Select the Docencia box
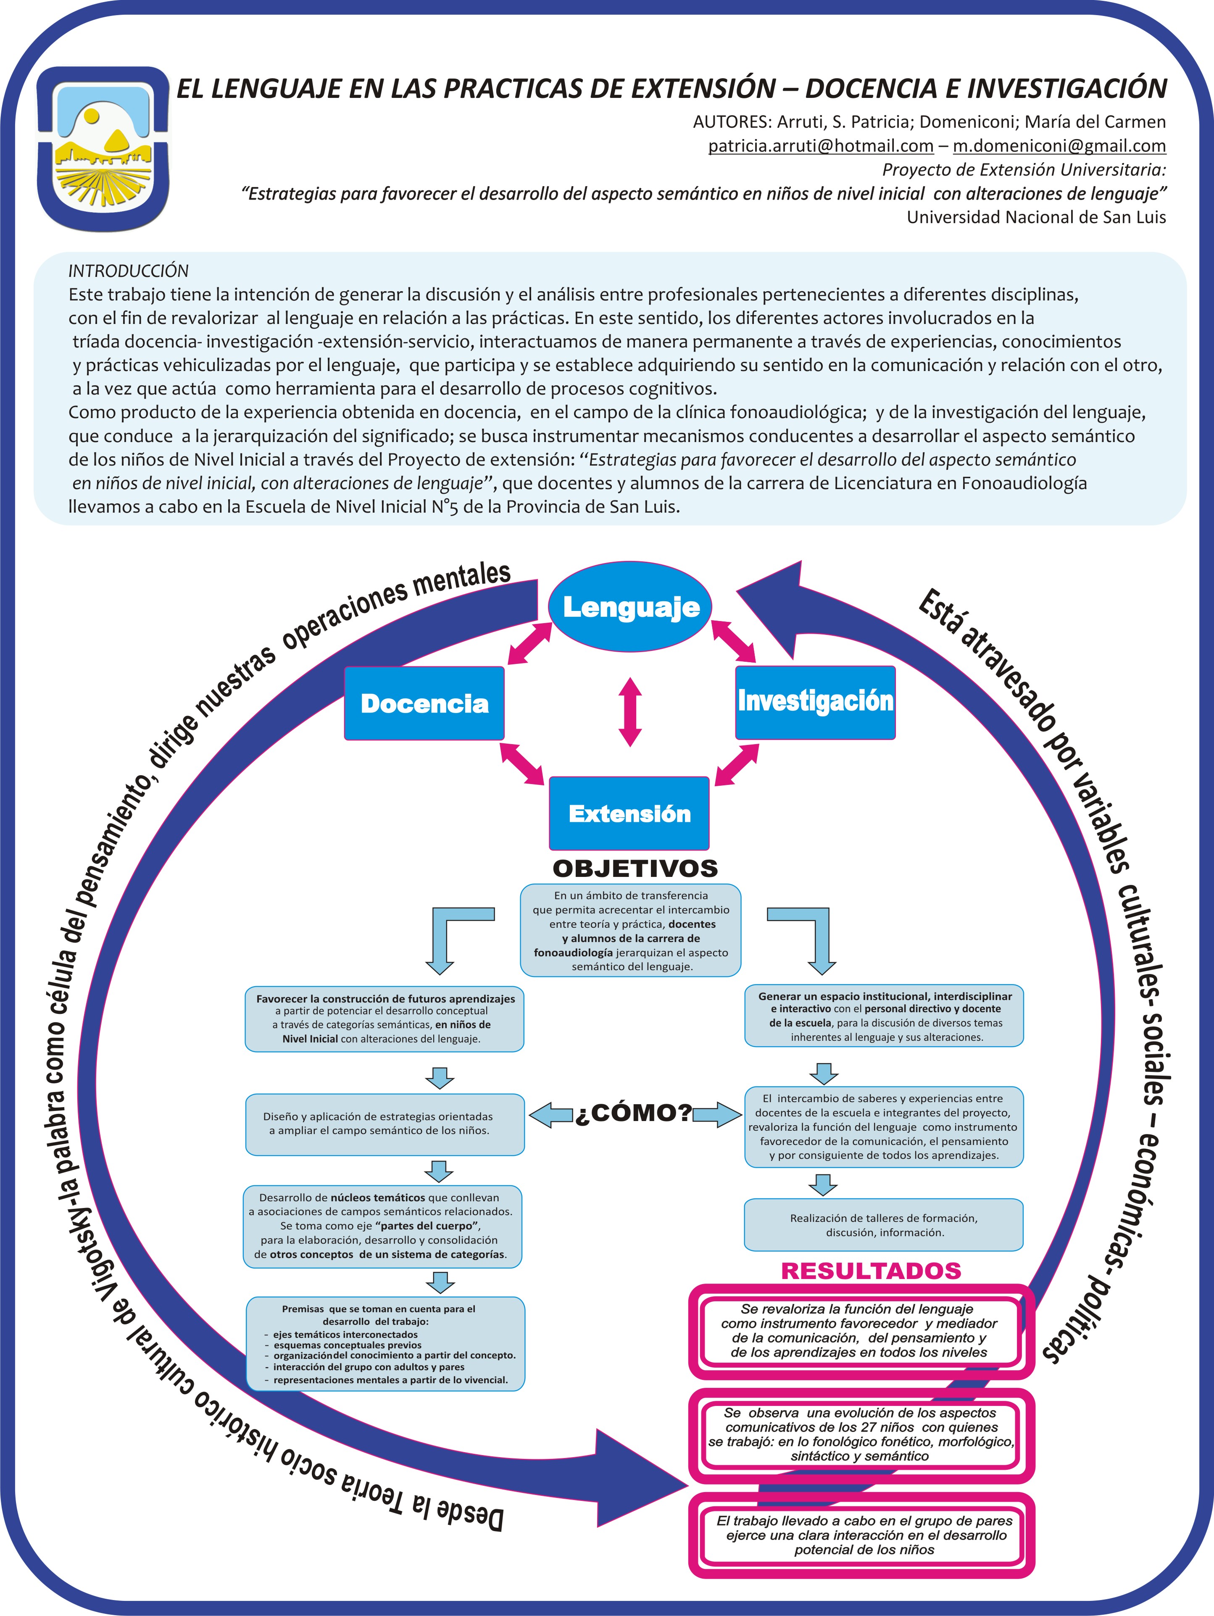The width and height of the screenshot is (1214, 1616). pos(424,703)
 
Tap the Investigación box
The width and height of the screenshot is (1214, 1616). pos(815,701)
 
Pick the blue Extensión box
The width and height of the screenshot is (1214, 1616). pos(629,813)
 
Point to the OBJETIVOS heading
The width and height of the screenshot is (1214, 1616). pos(635,868)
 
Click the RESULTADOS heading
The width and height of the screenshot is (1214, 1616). pos(871,1271)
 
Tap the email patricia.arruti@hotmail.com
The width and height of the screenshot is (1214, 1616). pos(821,145)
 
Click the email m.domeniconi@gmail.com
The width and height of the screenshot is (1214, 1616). pos(1059,145)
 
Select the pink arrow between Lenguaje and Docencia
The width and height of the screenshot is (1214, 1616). pos(529,644)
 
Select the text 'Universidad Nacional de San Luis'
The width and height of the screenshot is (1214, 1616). pos(1037,217)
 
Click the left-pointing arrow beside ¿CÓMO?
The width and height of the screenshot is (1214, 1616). pos(551,1115)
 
